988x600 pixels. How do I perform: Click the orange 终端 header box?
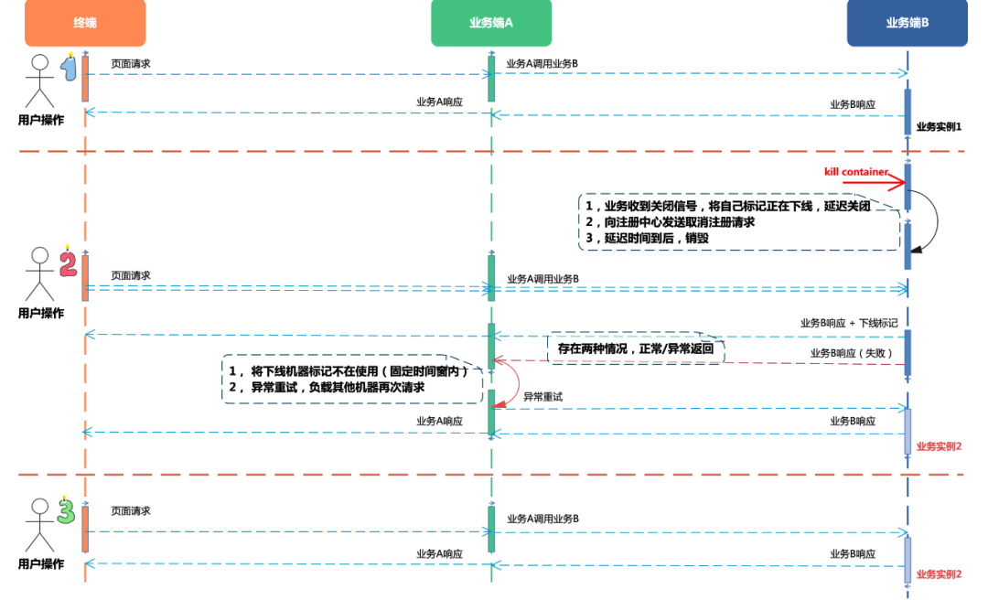85,23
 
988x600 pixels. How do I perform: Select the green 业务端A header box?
491,23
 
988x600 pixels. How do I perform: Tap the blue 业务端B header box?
907,23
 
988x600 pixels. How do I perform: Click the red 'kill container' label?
855,172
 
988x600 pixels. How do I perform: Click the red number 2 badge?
68,264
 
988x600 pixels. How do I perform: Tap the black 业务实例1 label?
939,127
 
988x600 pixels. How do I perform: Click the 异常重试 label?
542,397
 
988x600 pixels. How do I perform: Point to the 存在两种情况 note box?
635,348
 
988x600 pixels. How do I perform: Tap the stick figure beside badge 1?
39,81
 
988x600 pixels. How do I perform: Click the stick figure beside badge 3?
39,525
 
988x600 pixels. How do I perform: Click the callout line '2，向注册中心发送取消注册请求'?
671,222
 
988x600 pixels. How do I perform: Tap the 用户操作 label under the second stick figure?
41,313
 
